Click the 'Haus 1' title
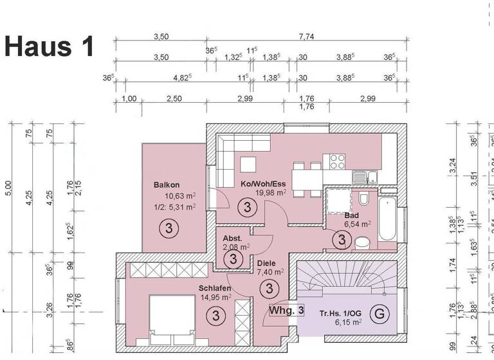pos(50,46)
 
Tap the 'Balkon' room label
pos(167,186)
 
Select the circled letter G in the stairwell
pos(381,314)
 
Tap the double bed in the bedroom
pos(172,320)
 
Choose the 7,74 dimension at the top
pos(306,37)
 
